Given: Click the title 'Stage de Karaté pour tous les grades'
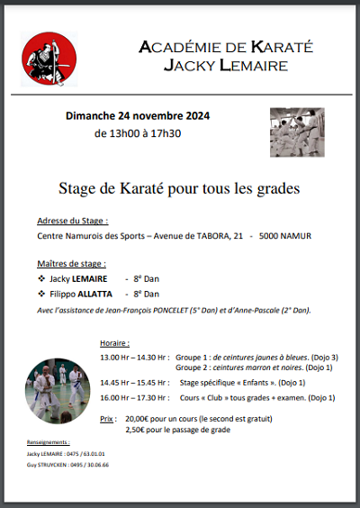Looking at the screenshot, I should pos(179,189).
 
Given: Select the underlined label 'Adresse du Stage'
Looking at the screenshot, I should pos(72,221).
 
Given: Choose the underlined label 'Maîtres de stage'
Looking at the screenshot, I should pos(71,264).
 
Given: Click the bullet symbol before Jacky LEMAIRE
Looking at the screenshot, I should pos(41,279).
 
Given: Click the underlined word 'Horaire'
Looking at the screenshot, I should pos(114,343).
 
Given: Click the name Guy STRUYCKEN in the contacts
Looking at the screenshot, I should pos(45,465).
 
